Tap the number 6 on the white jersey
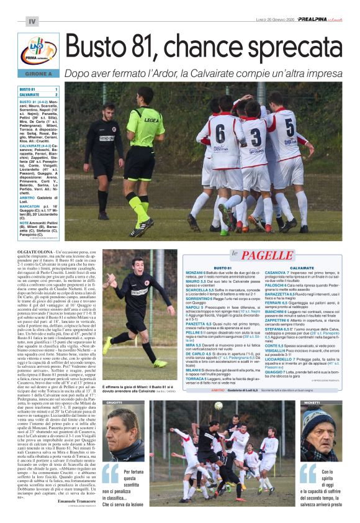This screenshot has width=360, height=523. [220, 133]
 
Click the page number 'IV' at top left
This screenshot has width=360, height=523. [32, 22]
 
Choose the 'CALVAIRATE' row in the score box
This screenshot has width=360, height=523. [31, 95]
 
